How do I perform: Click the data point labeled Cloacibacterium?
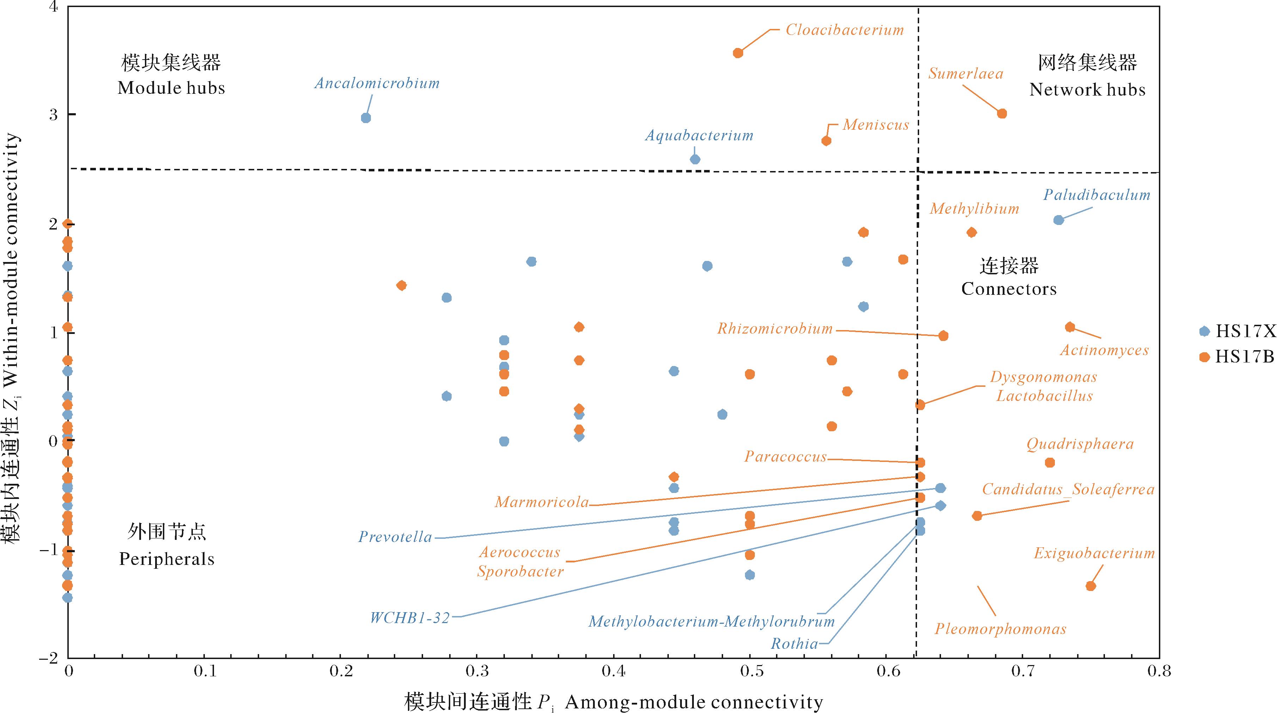(738, 53)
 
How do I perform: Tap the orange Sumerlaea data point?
(1002, 114)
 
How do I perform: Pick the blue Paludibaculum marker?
(1058, 220)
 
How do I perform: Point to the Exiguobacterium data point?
(1090, 586)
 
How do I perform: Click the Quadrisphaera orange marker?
(1050, 463)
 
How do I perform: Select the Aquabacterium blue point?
(695, 159)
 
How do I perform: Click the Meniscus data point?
(826, 141)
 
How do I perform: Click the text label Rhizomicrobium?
(775, 329)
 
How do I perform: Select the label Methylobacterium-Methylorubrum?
(711, 622)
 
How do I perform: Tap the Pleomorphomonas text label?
(1000, 629)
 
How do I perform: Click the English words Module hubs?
(171, 88)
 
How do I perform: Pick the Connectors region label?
(1009, 289)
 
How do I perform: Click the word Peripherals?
(166, 559)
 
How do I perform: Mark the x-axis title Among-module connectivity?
(694, 702)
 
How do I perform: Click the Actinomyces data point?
(1070, 327)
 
